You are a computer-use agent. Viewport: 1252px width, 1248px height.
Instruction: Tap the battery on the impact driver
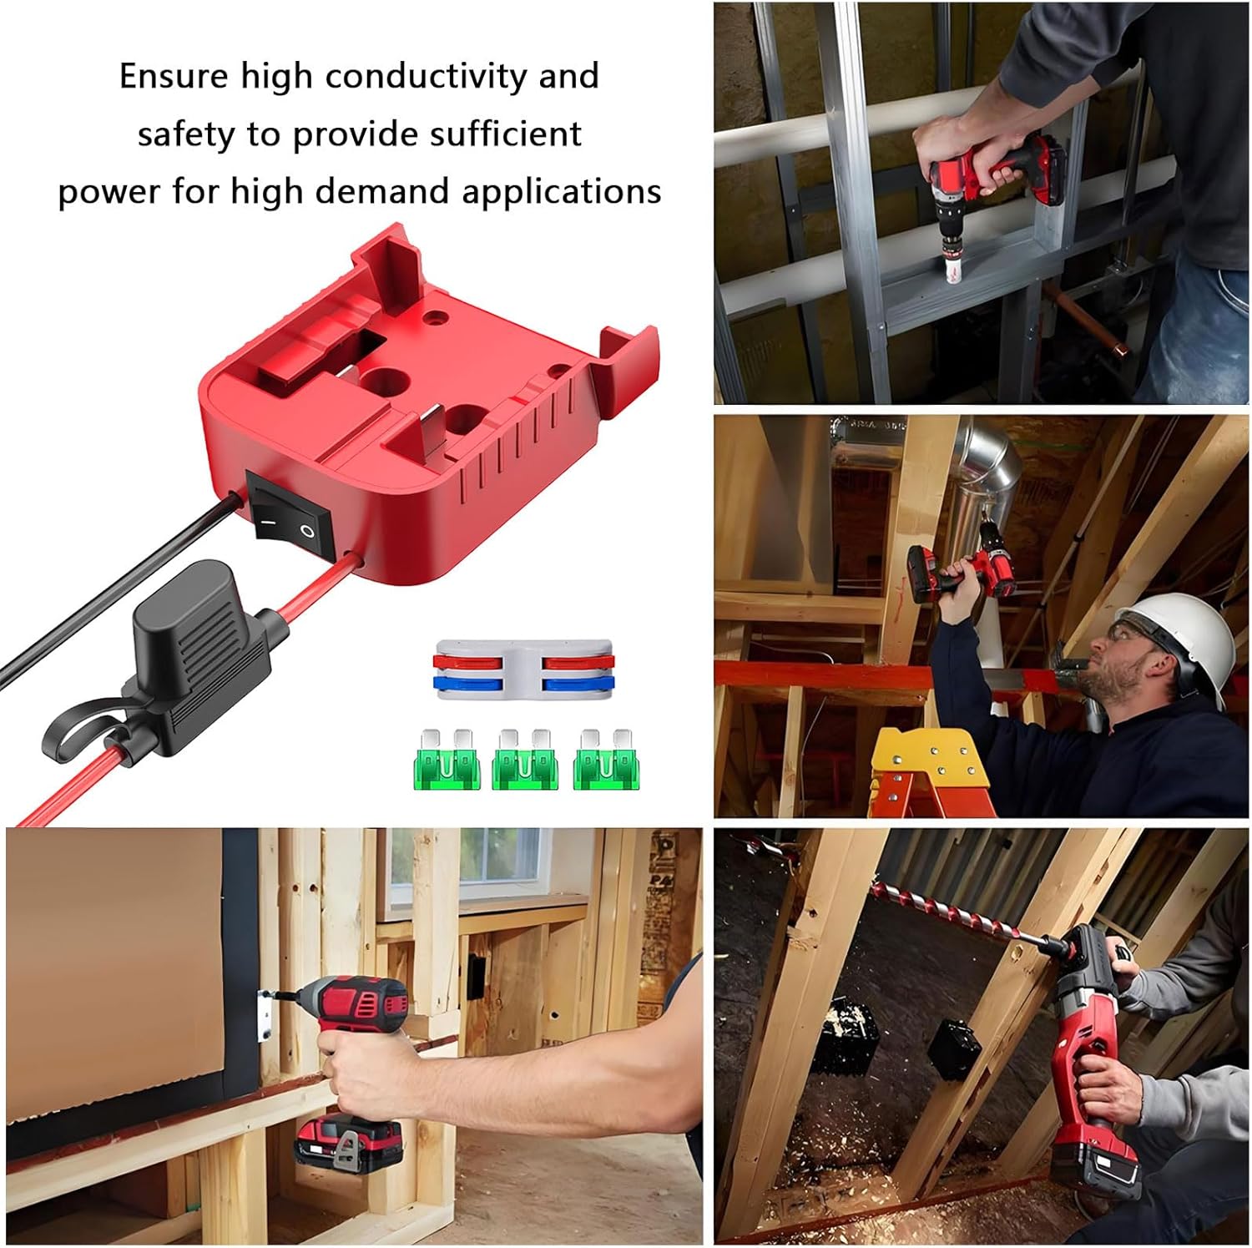click(350, 1139)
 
